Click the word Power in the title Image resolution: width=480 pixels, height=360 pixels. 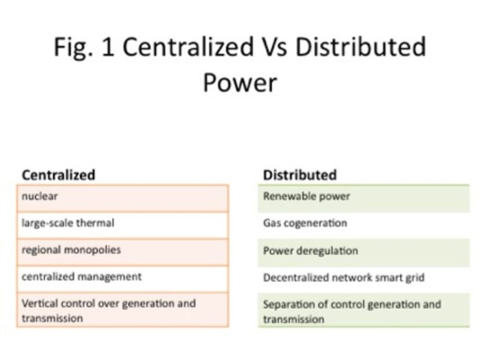point(240,83)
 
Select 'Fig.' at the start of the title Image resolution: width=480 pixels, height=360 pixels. point(73,48)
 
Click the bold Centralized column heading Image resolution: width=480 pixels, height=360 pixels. point(59,175)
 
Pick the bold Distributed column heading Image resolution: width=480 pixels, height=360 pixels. point(300,175)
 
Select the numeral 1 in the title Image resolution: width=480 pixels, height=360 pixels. point(108,47)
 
